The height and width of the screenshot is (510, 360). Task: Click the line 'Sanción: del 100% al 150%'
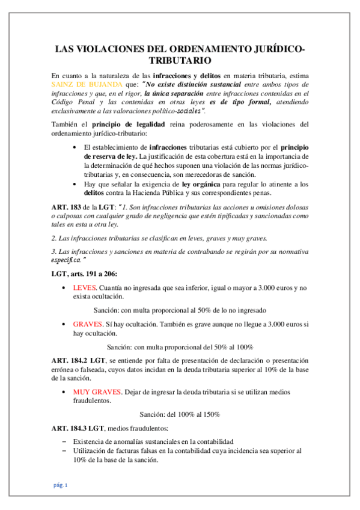pyautogui.click(x=180, y=414)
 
